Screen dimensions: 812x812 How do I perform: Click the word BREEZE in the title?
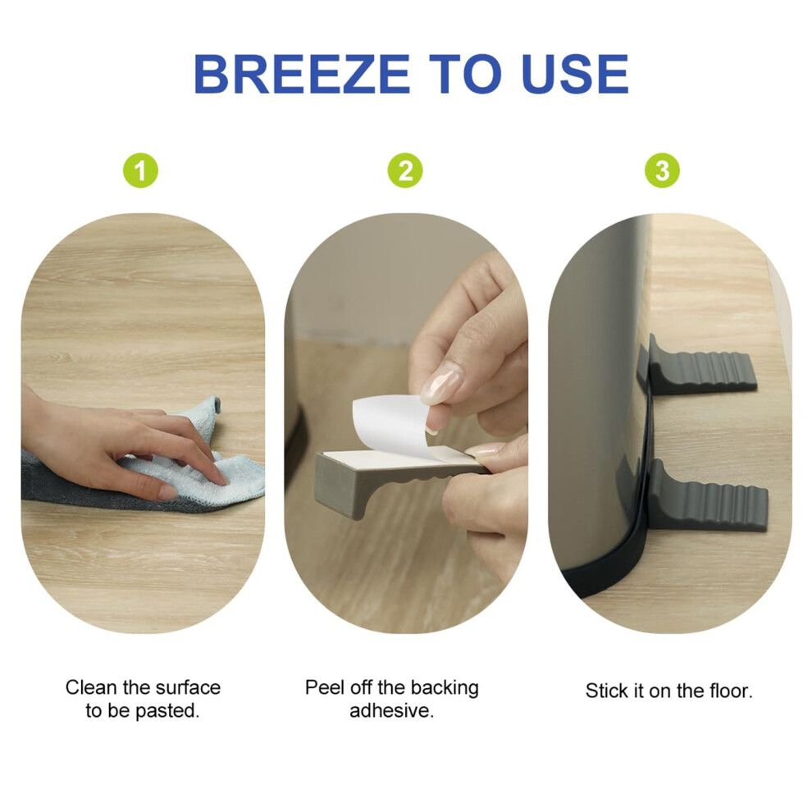point(302,74)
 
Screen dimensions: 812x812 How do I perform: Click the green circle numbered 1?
point(141,171)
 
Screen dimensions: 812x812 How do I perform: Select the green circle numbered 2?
point(405,171)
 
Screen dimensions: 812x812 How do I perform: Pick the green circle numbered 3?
point(662,171)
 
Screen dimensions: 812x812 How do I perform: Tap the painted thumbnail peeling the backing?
point(440,383)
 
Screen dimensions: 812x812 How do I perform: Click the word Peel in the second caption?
point(324,687)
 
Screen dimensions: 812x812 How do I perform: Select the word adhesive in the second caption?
point(391,710)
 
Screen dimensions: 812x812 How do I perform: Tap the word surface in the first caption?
point(188,687)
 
